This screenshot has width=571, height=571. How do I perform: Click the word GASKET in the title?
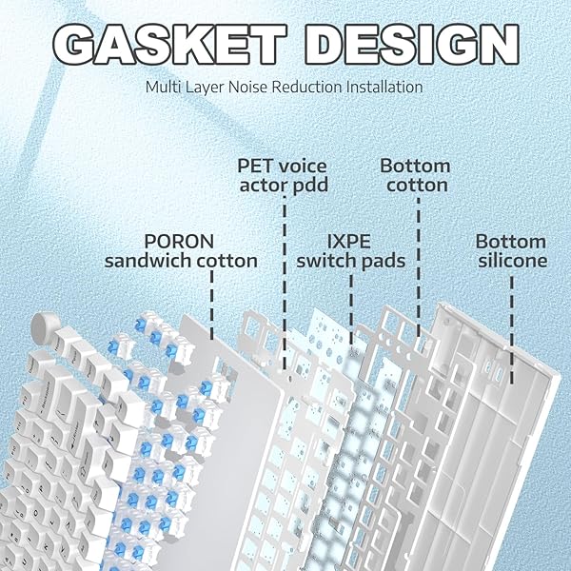click(x=170, y=45)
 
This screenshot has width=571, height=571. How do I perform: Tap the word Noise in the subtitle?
click(x=248, y=87)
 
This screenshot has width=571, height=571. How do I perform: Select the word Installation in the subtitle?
click(x=384, y=87)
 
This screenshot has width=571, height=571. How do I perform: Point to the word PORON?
click(x=179, y=242)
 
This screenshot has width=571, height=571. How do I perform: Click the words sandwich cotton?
click(x=181, y=261)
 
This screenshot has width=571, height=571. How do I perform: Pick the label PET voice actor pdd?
click(x=283, y=175)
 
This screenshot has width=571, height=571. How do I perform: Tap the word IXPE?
click(x=349, y=242)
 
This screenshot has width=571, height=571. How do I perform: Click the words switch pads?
click(x=350, y=261)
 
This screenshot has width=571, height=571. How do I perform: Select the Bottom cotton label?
click(x=416, y=175)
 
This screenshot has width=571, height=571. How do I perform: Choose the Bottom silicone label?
click(x=511, y=251)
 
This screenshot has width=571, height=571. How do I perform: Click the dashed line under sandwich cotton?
click(x=212, y=305)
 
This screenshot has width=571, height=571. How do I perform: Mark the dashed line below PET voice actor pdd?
click(x=285, y=284)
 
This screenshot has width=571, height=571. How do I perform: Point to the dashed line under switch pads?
click(x=351, y=310)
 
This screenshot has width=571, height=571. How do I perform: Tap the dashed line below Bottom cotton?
click(x=419, y=267)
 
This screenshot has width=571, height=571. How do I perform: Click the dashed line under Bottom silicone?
click(x=512, y=330)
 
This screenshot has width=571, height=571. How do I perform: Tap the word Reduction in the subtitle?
click(x=307, y=87)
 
